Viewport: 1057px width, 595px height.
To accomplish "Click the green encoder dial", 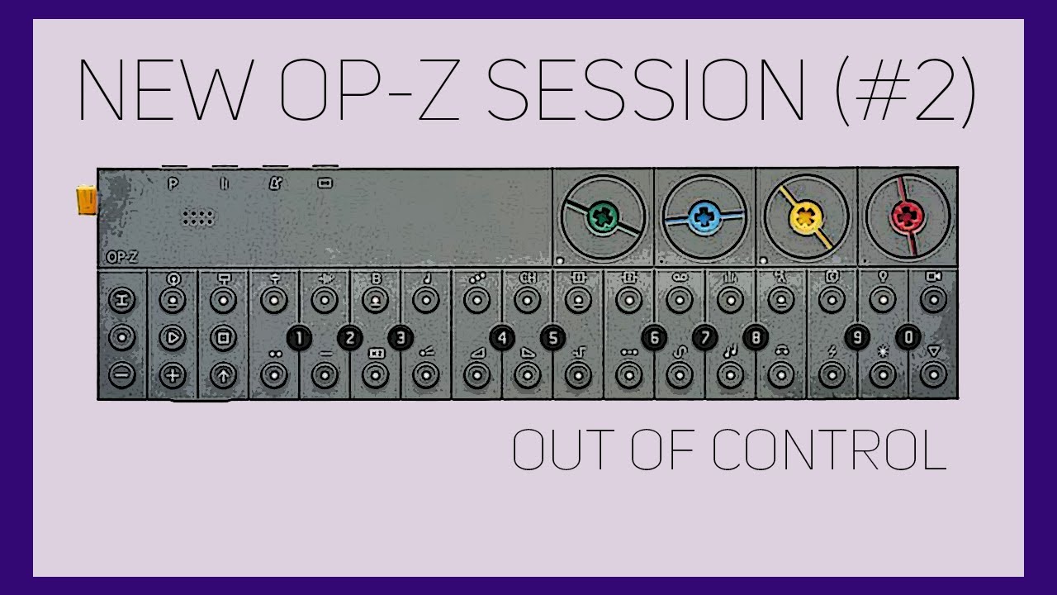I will (600, 218).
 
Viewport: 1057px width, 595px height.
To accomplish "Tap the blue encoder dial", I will (704, 218).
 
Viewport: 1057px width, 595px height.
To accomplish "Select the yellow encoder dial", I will (806, 218).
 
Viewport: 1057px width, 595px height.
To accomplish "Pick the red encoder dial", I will (908, 218).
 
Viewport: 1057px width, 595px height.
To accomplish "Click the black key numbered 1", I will (299, 337).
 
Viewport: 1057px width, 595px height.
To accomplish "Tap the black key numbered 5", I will (552, 337).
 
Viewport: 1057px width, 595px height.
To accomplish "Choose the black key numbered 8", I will (755, 337).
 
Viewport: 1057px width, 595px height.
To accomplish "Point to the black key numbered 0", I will (908, 337).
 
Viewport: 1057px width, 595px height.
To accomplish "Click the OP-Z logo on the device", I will (121, 257).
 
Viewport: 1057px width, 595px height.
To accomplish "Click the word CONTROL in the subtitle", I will (829, 451).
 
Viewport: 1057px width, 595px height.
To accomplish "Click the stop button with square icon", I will (223, 337).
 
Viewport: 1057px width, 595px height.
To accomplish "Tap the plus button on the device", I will (173, 376).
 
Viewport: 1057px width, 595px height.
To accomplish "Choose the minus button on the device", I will (122, 376).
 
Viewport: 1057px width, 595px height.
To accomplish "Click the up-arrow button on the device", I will (223, 376).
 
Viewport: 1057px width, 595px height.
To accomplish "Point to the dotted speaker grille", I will (198, 218).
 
